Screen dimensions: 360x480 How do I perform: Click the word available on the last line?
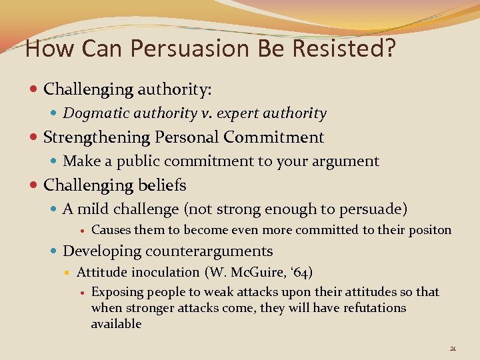[x=117, y=324]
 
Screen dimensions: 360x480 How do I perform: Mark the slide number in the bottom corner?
[x=453, y=348]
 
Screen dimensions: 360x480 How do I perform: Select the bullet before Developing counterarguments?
[x=54, y=252]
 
